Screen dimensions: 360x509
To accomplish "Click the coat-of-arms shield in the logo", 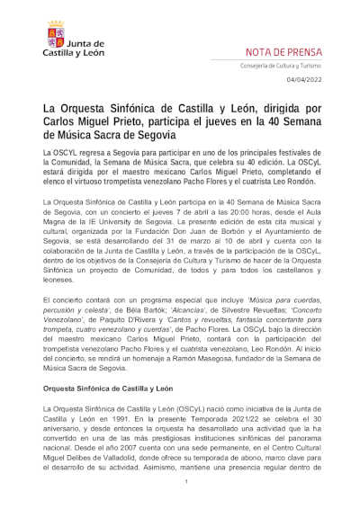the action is [x=55, y=36].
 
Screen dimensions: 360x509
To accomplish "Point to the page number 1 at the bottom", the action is [x=184, y=482].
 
